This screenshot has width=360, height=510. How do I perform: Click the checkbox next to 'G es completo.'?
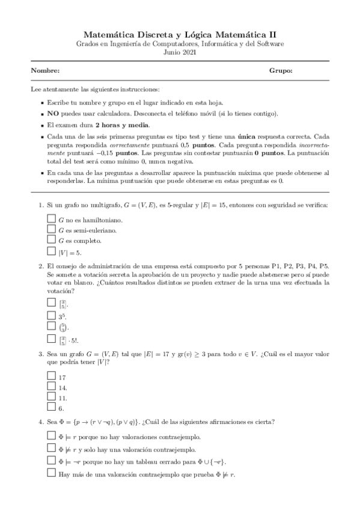coord(51,240)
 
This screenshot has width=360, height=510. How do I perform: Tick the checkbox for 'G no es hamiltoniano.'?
coord(51,218)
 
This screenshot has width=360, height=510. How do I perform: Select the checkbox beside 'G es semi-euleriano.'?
coord(51,229)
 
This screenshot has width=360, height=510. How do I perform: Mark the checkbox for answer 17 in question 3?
coord(51,376)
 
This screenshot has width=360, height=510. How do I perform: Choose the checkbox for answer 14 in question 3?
coord(51,387)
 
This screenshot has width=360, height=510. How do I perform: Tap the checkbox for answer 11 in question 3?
coord(51,397)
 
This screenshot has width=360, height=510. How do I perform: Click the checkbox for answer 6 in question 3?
coord(51,407)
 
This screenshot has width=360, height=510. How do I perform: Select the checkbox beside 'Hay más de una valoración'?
coord(51,474)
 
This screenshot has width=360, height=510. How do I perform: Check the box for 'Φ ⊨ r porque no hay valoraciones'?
coord(51,435)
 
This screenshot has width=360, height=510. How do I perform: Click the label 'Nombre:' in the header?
coord(44,71)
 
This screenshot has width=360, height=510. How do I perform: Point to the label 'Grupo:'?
coord(281,71)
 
